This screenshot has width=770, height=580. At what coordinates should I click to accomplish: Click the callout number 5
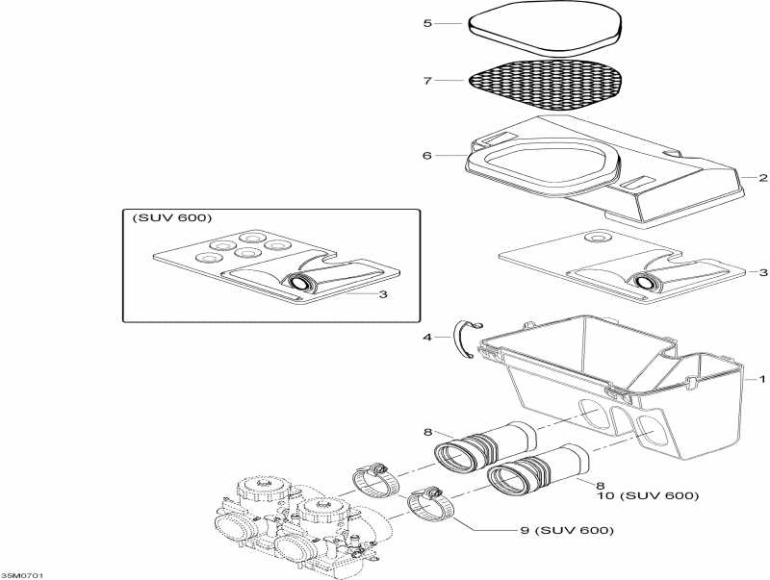pyautogui.click(x=427, y=22)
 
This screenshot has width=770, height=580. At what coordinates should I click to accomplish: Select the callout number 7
pyautogui.click(x=427, y=80)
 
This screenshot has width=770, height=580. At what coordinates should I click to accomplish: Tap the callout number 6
pyautogui.click(x=427, y=155)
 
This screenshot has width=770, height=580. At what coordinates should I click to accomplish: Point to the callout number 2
pyautogui.click(x=762, y=178)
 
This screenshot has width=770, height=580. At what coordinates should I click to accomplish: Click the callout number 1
pyautogui.click(x=762, y=380)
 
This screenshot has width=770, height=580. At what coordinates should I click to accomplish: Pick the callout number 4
pyautogui.click(x=427, y=337)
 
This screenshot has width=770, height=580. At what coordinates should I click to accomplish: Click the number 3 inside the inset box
pyautogui.click(x=383, y=294)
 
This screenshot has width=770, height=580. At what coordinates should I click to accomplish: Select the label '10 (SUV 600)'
pyautogui.click(x=647, y=495)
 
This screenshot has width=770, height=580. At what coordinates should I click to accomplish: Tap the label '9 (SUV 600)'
pyautogui.click(x=569, y=530)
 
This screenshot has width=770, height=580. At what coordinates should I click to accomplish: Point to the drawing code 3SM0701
pyautogui.click(x=22, y=574)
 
